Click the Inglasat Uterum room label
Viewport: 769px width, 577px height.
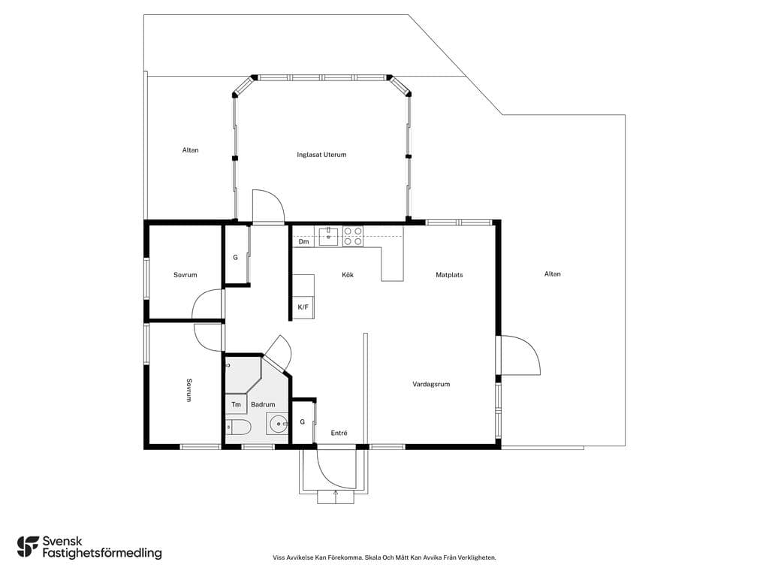321,155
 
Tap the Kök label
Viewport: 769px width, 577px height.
348,275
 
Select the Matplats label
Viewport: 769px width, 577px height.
449,275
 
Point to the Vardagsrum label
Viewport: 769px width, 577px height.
431,384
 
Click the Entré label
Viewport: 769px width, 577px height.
339,433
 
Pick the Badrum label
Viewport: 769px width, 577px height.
263,405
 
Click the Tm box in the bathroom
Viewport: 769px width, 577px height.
236,404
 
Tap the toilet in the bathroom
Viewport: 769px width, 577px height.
239,427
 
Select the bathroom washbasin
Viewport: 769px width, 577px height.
278,424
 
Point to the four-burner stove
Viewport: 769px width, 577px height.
353,236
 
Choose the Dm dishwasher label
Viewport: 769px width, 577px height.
304,242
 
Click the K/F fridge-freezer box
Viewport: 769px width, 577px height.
303,307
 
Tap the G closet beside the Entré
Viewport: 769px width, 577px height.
303,422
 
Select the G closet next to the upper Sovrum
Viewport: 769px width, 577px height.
235,257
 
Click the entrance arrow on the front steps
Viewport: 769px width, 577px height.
336,497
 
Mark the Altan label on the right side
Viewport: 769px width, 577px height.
552,273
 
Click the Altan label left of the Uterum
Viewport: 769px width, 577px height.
190,150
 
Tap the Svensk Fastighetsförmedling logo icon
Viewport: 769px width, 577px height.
28,547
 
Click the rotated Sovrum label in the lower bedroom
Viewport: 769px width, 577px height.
189,390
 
